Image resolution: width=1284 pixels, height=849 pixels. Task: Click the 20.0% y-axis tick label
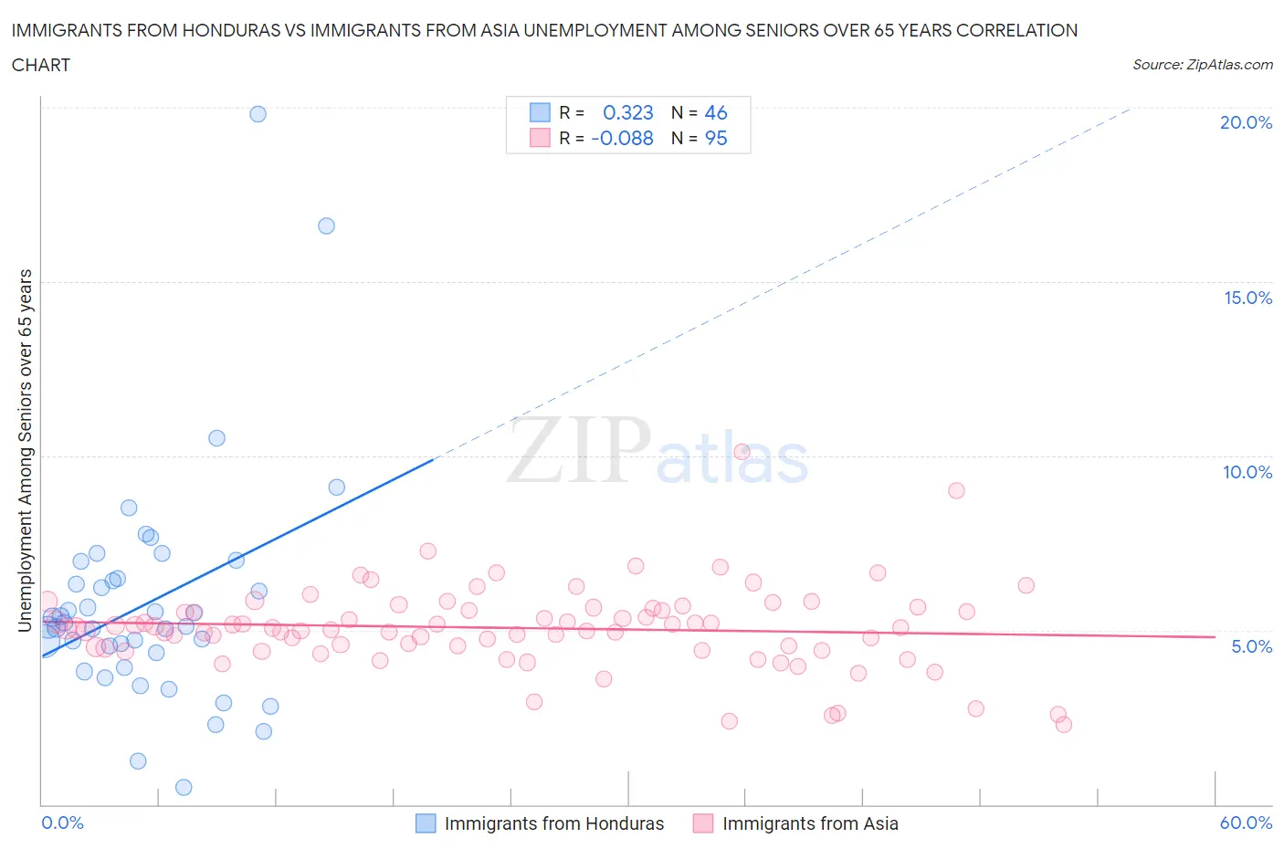(x=1246, y=122)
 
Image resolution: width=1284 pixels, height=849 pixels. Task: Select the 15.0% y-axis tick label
(x=1247, y=298)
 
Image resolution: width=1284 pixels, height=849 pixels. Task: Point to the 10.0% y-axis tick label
(x=1247, y=472)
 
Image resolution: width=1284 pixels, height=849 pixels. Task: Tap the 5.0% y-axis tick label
(x=1251, y=646)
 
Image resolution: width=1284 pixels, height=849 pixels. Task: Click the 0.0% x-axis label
(x=62, y=823)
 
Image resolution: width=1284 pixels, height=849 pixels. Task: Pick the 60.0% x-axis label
(x=1246, y=823)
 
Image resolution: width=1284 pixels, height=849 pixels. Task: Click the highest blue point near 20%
(x=258, y=114)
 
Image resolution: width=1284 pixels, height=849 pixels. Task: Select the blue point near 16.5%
(x=326, y=225)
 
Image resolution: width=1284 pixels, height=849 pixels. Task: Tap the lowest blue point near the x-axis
(x=184, y=787)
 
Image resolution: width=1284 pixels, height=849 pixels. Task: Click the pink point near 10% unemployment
(x=742, y=452)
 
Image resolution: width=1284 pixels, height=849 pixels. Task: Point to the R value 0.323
(x=628, y=112)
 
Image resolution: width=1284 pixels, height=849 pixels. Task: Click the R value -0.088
(x=622, y=138)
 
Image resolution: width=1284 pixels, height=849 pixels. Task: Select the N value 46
(x=716, y=112)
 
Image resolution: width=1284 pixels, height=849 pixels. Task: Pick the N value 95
(x=716, y=138)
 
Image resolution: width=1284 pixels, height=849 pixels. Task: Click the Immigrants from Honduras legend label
(x=553, y=823)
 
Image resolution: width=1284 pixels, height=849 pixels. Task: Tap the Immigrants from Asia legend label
(x=810, y=823)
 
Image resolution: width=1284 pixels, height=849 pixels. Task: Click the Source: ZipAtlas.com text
(x=1202, y=65)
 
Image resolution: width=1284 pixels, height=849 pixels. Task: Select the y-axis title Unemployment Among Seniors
(x=26, y=450)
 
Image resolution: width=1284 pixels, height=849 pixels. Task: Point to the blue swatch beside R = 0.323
(x=540, y=112)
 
